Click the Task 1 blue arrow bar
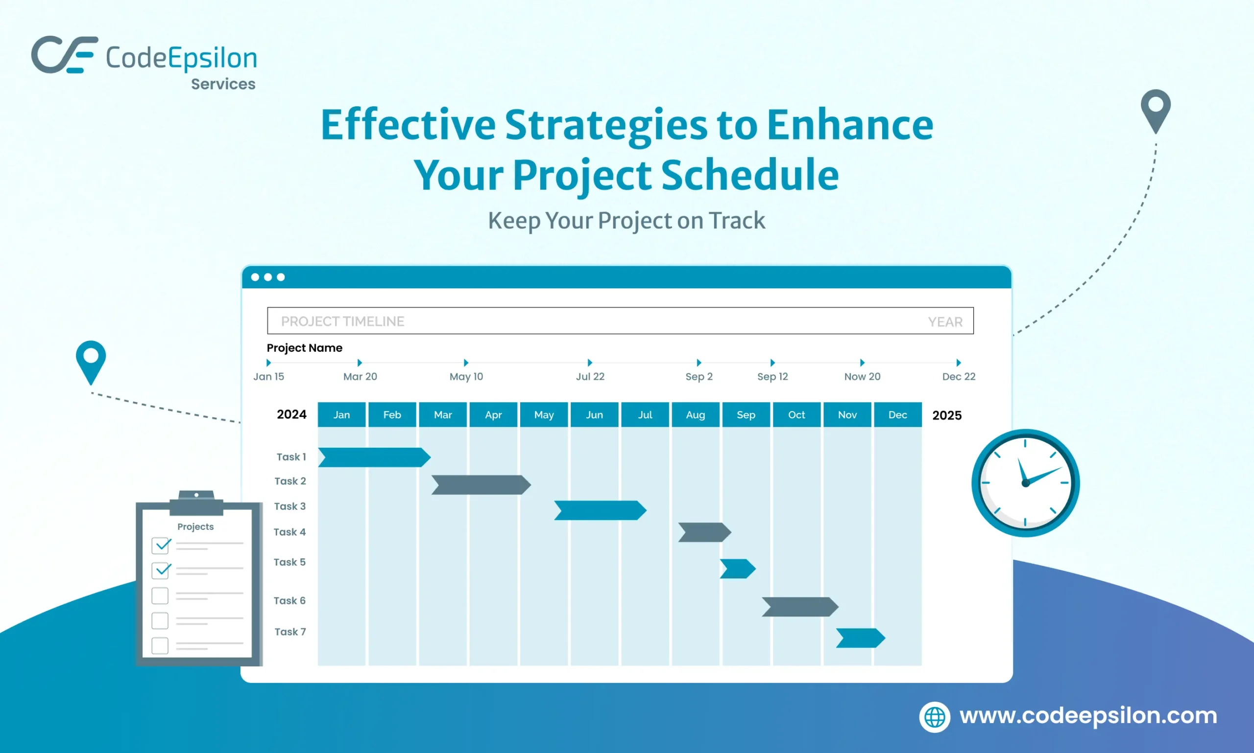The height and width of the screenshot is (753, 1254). pyautogui.click(x=374, y=457)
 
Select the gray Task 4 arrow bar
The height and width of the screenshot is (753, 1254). pyautogui.click(x=704, y=532)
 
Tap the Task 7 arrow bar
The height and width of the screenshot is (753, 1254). pyautogui.click(x=860, y=638)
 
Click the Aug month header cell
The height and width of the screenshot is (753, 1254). pyautogui.click(x=695, y=414)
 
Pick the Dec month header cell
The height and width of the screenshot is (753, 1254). pyautogui.click(x=897, y=414)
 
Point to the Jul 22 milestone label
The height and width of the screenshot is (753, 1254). pyautogui.click(x=590, y=377)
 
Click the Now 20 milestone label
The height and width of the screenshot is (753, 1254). pyautogui.click(x=862, y=377)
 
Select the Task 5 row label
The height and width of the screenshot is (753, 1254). pyautogui.click(x=289, y=562)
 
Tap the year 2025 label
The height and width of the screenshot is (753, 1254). pyautogui.click(x=947, y=415)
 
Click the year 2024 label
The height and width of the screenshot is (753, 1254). pyautogui.click(x=291, y=414)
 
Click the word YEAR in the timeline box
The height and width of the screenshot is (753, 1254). pyautogui.click(x=945, y=321)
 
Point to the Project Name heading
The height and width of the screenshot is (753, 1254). pyautogui.click(x=304, y=348)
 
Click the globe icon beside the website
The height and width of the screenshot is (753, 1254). pyautogui.click(x=934, y=717)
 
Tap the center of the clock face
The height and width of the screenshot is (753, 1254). pyautogui.click(x=1025, y=483)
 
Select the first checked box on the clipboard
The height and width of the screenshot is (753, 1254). pyautogui.click(x=161, y=546)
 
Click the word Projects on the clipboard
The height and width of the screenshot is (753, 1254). pyautogui.click(x=195, y=526)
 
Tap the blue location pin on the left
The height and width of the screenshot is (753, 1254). pyautogui.click(x=91, y=359)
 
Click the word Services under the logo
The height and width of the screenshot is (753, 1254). pyautogui.click(x=223, y=84)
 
